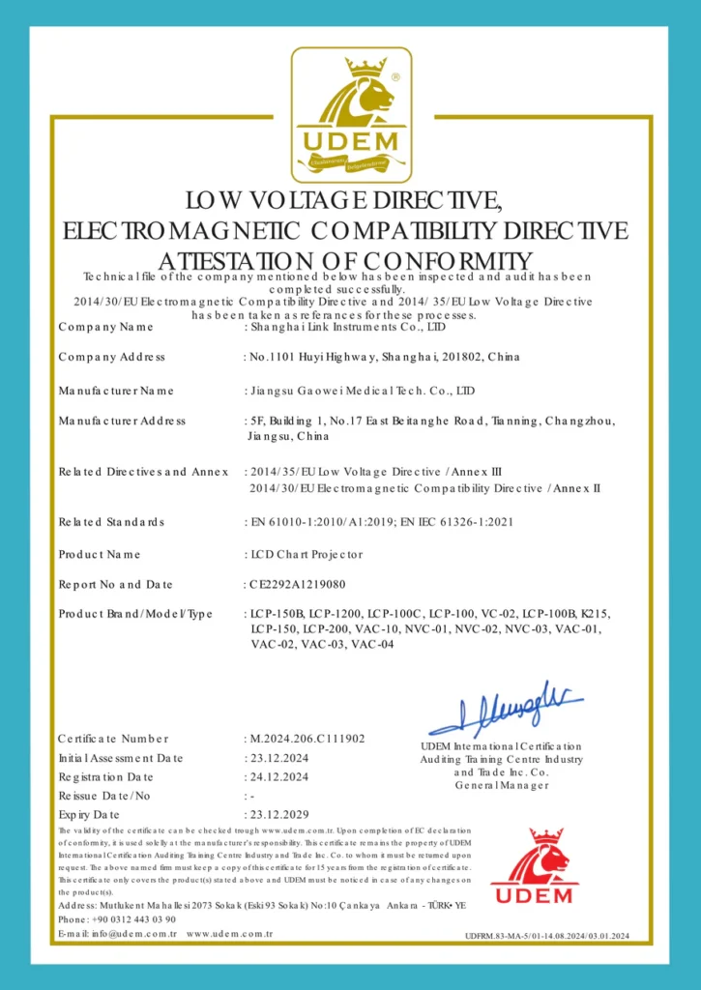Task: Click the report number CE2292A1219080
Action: coord(298,584)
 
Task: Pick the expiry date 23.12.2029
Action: coord(279,814)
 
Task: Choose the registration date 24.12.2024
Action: coord(279,776)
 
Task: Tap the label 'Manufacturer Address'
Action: coord(122,421)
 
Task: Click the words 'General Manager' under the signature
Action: coord(502,785)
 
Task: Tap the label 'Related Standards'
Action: coord(111,522)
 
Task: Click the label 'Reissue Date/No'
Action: coord(104,796)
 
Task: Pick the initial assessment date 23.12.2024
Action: coord(279,758)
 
